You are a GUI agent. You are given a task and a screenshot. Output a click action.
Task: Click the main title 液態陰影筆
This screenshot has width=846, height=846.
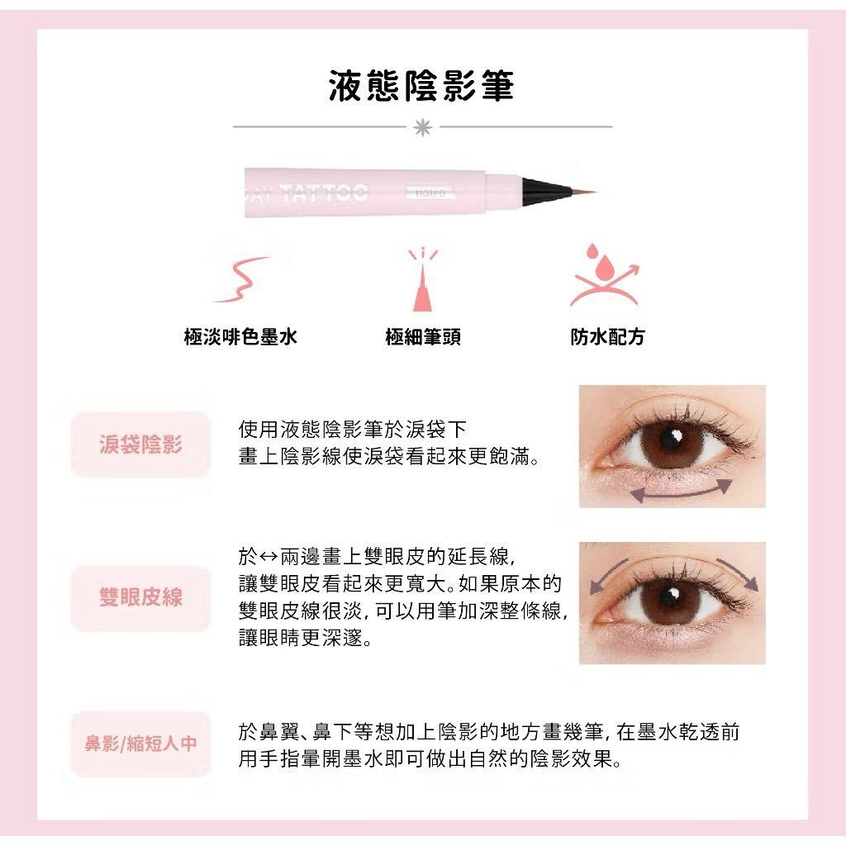point(421,86)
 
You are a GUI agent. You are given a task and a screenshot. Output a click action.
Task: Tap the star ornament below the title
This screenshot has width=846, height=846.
point(422,127)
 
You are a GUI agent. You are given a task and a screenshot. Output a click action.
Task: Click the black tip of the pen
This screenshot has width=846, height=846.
point(546,189)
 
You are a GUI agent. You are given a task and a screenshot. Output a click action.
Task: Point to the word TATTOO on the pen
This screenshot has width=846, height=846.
point(324,192)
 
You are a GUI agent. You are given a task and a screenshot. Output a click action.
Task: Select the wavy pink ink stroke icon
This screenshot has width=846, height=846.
point(242,279)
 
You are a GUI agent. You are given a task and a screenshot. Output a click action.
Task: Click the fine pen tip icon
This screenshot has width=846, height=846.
point(422,281)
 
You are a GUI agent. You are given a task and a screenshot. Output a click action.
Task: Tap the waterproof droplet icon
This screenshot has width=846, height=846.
point(604,275)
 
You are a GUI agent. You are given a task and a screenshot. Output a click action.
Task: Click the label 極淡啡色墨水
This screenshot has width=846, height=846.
point(240,337)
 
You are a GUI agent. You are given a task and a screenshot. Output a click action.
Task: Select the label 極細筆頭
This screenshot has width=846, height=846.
point(423,337)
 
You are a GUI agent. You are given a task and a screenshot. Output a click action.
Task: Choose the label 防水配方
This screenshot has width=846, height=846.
point(607,337)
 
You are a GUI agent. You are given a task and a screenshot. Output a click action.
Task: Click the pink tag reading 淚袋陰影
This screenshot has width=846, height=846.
point(140,444)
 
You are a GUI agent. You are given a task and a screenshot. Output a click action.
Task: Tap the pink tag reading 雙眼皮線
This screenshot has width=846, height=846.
point(140,598)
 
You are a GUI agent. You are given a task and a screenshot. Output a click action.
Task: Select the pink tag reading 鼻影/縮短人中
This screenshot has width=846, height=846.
point(140,744)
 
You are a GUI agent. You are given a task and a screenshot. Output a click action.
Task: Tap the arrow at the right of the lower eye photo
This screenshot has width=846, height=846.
point(740,573)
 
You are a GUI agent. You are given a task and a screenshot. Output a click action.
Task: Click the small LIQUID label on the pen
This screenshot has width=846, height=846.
point(430,192)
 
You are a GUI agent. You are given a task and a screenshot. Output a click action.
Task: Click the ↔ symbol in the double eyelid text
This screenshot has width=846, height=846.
point(269,556)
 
